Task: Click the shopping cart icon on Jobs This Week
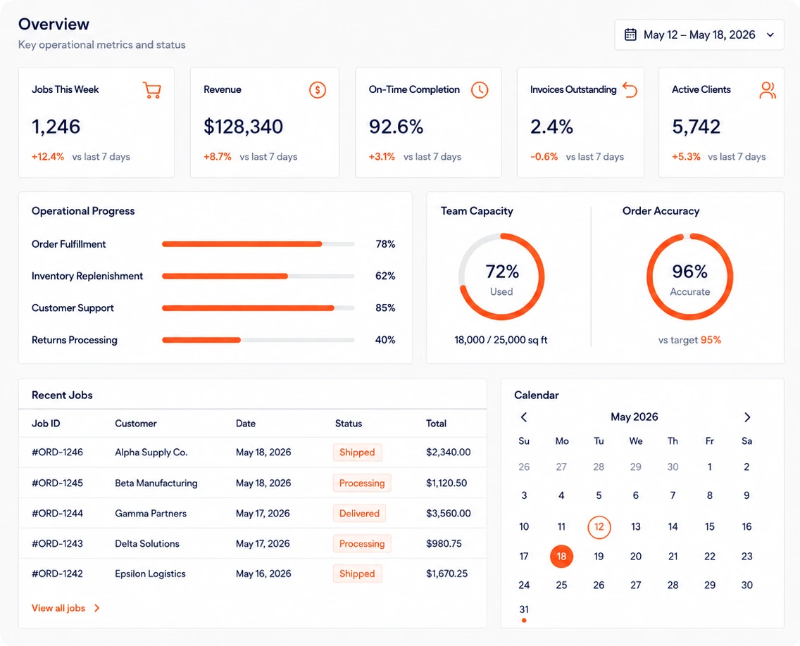[152, 90]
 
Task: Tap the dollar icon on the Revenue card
[318, 90]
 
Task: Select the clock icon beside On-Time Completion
[480, 90]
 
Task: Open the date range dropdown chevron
[770, 34]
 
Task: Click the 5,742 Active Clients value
[696, 127]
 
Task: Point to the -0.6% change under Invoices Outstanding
[544, 156]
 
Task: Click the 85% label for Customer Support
[385, 308]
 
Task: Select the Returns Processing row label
[75, 340]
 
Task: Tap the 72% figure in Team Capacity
[502, 272]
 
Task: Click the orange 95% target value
[711, 340]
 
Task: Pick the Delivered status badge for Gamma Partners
[359, 514]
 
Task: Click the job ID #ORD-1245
[57, 483]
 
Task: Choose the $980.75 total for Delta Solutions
[444, 543]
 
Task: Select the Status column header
[349, 423]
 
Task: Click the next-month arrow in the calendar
[747, 417]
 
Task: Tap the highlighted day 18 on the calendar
[561, 556]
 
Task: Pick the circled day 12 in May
[599, 526]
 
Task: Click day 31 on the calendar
[524, 609]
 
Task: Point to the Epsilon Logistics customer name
[150, 574]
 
